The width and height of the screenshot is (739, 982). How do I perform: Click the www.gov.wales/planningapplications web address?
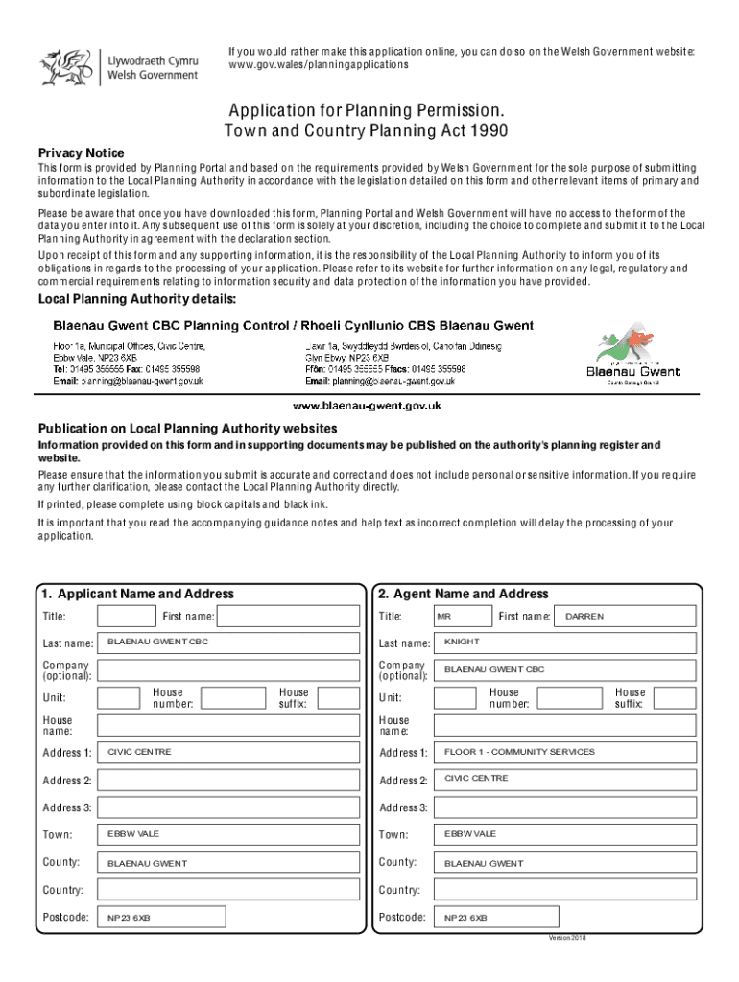point(318,65)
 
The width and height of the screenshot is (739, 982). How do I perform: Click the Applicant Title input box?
point(127,616)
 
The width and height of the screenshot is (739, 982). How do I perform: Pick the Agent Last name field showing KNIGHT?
point(564,643)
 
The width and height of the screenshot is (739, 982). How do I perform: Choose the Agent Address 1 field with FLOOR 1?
point(564,753)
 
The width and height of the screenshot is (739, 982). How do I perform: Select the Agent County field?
point(564,863)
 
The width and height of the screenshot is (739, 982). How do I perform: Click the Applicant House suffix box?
point(338,697)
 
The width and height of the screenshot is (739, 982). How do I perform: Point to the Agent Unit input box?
point(455,697)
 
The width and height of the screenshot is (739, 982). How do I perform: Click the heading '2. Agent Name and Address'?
point(464,594)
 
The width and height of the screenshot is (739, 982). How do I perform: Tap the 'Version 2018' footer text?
point(566,937)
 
